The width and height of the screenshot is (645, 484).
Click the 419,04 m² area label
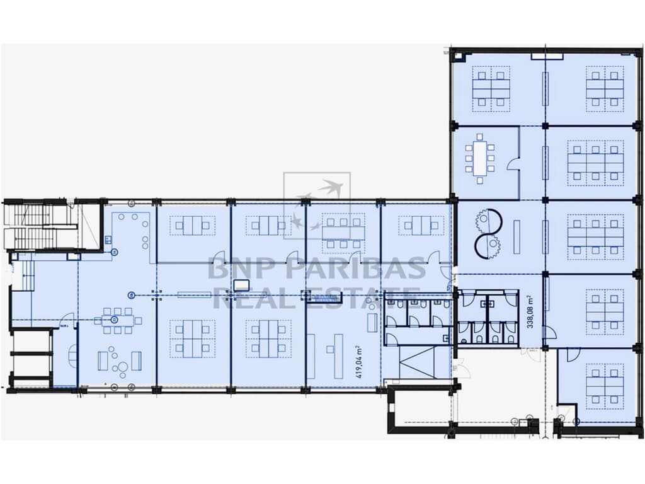pyautogui.click(x=358, y=361)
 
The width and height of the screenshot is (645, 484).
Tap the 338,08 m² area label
pyautogui.click(x=530, y=313)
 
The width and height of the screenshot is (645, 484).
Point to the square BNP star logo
pyautogui.click(x=316, y=205)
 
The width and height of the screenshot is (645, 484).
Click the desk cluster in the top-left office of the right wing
pyautogui.click(x=491, y=88)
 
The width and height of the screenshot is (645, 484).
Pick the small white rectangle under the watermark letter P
pyautogui.click(x=241, y=285)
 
